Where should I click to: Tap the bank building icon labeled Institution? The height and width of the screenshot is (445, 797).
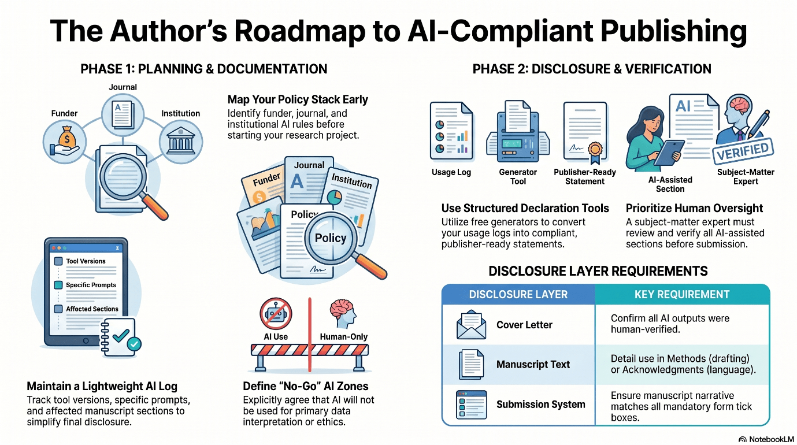181,141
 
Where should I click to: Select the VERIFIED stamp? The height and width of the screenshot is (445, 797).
743,152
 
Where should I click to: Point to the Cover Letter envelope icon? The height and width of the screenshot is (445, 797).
471,325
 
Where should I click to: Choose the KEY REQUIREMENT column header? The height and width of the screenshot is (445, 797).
682,295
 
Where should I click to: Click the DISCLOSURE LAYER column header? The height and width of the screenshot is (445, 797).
518,295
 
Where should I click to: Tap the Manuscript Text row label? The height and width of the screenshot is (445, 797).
533,365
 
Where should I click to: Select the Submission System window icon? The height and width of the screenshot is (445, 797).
471,405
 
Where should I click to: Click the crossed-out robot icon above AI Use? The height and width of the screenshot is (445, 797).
276,314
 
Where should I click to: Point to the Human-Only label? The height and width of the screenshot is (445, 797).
343,337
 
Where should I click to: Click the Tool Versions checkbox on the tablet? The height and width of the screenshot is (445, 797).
58,261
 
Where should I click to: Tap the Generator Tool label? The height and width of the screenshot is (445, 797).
518,177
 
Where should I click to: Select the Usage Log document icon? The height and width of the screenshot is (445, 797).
451,131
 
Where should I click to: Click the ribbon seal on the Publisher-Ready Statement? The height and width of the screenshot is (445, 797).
595,152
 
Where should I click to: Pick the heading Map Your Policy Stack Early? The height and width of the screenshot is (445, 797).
298,99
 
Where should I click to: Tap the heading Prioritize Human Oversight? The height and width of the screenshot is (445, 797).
694,208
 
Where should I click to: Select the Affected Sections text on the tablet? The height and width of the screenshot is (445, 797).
92,309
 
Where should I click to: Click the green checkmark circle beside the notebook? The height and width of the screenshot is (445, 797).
134,344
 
